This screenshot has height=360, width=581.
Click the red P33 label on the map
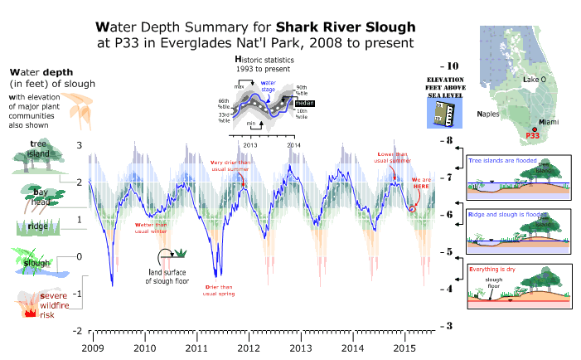tap(532, 135)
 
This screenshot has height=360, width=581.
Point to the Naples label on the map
tap(491, 112)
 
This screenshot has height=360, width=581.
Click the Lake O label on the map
tap(535, 79)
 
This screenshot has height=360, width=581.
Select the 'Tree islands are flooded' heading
tap(503, 160)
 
